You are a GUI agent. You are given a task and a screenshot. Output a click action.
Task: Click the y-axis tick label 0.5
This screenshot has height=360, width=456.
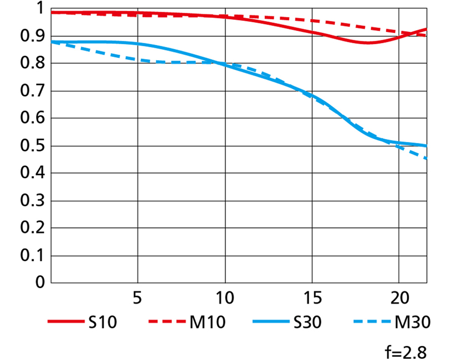31,146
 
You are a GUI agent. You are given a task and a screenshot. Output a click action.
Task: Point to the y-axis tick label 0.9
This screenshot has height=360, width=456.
31,37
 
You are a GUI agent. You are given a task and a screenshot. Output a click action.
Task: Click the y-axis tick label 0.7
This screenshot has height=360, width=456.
31,91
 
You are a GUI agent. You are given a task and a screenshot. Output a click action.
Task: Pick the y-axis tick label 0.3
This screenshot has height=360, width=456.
31,201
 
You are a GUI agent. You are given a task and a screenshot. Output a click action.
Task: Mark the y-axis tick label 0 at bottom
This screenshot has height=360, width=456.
40,283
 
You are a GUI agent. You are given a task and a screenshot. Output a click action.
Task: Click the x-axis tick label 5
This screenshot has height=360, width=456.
137,299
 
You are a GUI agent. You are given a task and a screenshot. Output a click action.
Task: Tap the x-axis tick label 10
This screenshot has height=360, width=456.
224,299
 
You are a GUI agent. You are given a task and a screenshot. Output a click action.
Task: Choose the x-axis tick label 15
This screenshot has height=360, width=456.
311,299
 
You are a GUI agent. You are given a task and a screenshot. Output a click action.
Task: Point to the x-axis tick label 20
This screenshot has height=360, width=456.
399,299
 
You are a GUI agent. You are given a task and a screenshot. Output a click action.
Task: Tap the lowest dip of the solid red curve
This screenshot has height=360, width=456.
367,43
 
